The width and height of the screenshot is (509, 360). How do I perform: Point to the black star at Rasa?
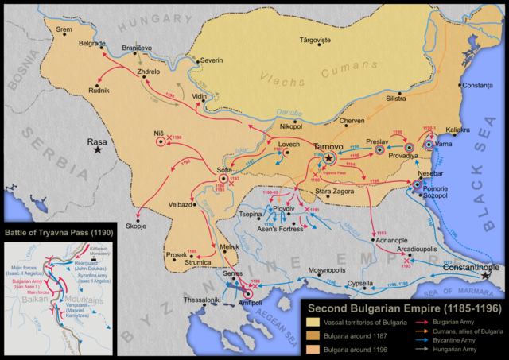[x=98, y=149]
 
